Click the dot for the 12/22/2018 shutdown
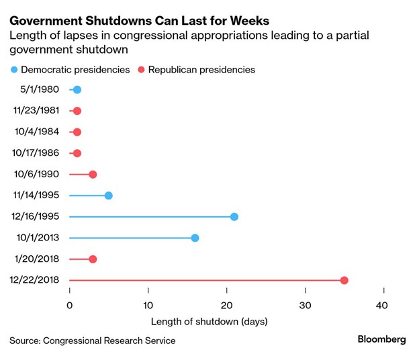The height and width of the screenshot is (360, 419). tap(344, 281)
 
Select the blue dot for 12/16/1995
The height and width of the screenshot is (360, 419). tap(234, 217)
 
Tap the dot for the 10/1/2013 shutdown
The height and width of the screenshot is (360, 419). tap(195, 238)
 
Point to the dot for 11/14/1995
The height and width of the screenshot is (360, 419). tap(109, 195)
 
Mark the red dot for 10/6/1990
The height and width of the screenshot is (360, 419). tap(93, 175)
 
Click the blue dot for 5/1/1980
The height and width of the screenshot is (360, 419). tap(77, 90)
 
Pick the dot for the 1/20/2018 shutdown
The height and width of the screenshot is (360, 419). tap(93, 259)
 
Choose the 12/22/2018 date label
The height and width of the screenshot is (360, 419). tap(36, 281)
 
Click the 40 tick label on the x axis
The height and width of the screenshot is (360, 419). tap(383, 305)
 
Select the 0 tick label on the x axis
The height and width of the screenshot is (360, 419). tap(70, 305)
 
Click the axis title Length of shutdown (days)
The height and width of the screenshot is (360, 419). tap(209, 321)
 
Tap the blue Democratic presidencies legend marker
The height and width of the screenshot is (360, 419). tap(14, 69)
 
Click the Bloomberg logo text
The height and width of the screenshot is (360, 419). tap(381, 340)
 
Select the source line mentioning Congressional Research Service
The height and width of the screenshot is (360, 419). tap(93, 341)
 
